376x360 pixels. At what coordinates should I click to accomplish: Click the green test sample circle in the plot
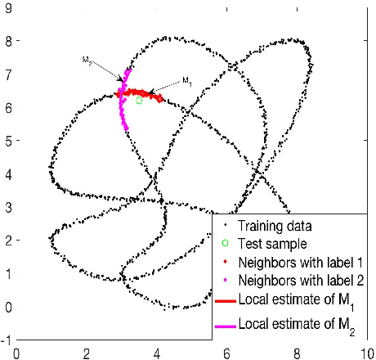pos(139,101)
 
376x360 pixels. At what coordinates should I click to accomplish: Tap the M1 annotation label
pos(187,80)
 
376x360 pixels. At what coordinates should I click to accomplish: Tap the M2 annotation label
pos(87,60)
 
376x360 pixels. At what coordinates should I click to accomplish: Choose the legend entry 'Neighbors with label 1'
pos(298,263)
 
